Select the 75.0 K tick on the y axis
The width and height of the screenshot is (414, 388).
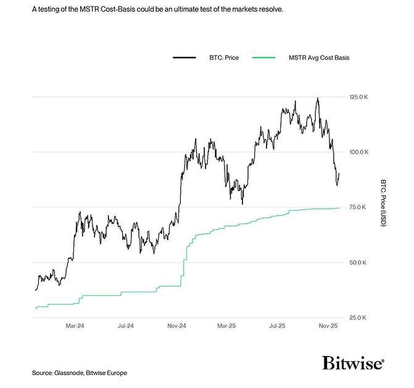(358, 208)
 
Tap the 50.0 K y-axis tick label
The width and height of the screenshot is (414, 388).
(358, 263)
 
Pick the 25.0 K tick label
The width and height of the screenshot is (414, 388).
(358, 318)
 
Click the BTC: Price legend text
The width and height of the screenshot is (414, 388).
(220, 57)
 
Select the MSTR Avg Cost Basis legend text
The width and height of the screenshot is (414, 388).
(319, 57)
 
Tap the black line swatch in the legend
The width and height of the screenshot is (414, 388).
(184, 57)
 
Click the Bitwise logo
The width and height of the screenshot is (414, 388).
(353, 363)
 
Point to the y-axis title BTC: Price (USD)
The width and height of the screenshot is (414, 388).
(383, 203)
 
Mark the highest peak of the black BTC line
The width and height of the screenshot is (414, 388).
(318, 98)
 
